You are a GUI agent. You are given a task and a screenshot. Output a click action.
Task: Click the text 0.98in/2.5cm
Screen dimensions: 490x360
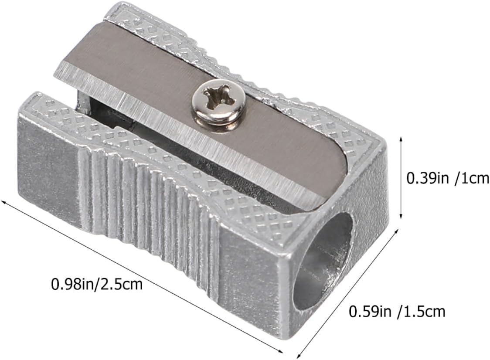(97, 284)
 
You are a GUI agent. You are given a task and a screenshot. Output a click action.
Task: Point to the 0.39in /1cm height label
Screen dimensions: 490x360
(448, 178)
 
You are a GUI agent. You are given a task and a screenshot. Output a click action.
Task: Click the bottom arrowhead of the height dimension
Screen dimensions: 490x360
(401, 217)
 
